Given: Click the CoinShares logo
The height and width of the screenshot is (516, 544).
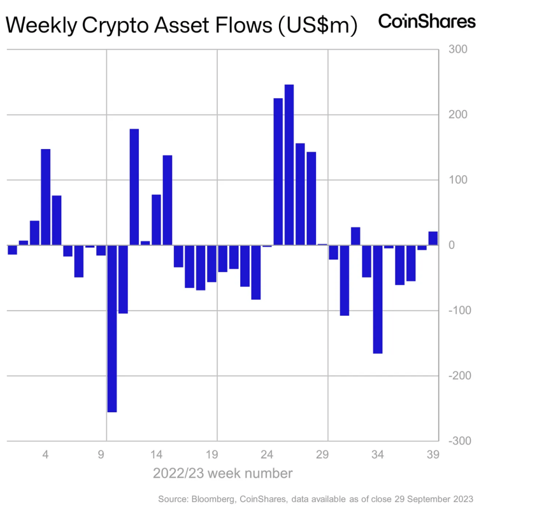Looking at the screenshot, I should click(x=427, y=21).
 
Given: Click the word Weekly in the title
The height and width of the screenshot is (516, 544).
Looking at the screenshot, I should click(x=42, y=25).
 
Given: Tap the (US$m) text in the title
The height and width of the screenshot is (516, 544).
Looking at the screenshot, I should click(x=318, y=25).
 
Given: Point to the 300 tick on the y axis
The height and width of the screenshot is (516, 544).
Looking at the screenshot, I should click(x=458, y=50).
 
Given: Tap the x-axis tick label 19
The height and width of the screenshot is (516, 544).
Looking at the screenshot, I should click(x=212, y=454).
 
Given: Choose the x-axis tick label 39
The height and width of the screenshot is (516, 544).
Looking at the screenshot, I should click(x=433, y=454).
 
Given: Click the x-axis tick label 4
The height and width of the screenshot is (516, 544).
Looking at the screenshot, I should click(x=46, y=454).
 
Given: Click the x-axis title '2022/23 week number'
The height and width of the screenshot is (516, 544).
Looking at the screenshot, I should click(x=223, y=473).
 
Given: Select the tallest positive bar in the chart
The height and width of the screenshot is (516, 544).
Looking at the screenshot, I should click(x=289, y=165).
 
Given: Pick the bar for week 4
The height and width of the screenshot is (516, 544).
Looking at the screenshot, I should click(x=46, y=197).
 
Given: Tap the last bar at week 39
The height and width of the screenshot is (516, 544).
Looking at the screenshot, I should click(x=433, y=238).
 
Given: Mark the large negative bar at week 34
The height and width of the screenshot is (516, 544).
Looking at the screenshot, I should click(x=378, y=299).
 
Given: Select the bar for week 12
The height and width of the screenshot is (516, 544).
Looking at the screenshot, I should click(x=134, y=187).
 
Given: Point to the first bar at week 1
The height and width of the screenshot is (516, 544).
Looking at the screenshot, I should click(x=12, y=249).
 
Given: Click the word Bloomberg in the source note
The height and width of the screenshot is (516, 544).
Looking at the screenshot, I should click(x=208, y=499).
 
